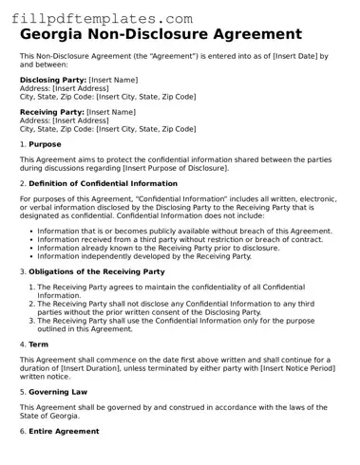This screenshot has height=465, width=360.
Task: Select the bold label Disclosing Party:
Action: click(x=53, y=81)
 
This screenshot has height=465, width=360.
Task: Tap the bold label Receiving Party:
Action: click(x=52, y=112)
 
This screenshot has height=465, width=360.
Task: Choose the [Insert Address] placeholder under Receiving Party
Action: click(x=80, y=121)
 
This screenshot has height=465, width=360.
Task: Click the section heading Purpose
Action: click(x=45, y=144)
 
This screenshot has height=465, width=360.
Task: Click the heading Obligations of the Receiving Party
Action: click(x=96, y=271)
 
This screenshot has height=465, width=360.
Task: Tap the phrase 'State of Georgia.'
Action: click(x=53, y=415)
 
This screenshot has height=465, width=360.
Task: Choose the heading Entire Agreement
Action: click(x=65, y=431)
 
